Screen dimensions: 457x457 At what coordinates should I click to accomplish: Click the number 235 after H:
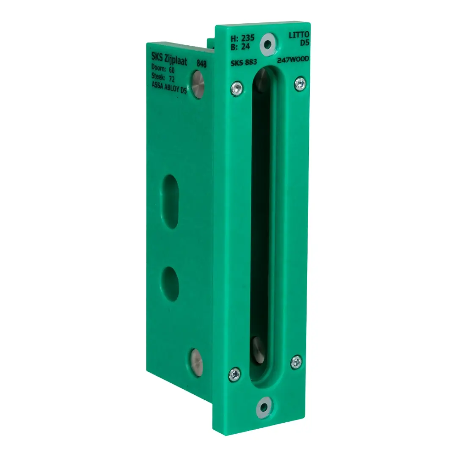[x=248, y=38]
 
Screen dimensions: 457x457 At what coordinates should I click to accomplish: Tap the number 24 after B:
[x=245, y=47]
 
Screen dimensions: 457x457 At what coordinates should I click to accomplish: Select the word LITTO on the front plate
[x=299, y=35]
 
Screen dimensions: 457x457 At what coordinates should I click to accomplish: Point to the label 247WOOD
[x=293, y=60]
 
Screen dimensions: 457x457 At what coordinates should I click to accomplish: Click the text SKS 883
[x=244, y=62]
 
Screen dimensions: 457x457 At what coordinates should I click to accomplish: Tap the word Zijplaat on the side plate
[x=176, y=60]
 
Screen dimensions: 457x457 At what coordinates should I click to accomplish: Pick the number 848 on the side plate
[x=201, y=63]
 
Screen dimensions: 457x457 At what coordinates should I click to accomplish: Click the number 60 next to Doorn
[x=172, y=70]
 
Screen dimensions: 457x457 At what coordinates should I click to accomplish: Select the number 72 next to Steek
[x=172, y=79]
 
